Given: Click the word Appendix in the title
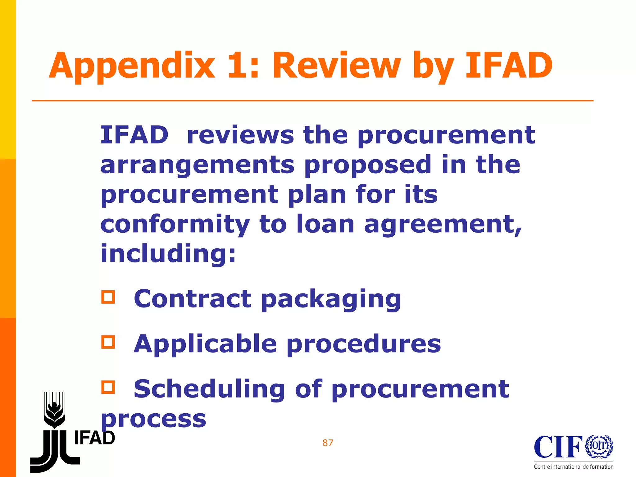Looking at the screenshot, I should [x=132, y=66].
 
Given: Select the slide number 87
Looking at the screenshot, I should [x=328, y=443].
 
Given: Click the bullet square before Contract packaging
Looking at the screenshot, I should [x=108, y=297].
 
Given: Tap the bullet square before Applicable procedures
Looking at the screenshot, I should [x=108, y=342].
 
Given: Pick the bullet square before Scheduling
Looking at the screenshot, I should [x=108, y=387].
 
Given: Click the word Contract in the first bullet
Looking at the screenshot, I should [x=193, y=298].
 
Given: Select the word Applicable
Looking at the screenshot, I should [x=205, y=344].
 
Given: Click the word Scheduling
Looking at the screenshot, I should [x=209, y=389].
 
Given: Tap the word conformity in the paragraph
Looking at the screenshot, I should [x=175, y=224].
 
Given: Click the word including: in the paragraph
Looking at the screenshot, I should [x=168, y=253].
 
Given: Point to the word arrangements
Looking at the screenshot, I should [x=197, y=165].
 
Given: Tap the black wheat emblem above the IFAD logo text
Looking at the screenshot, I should [x=54, y=410].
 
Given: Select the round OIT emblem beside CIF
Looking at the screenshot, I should [x=599, y=446].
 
